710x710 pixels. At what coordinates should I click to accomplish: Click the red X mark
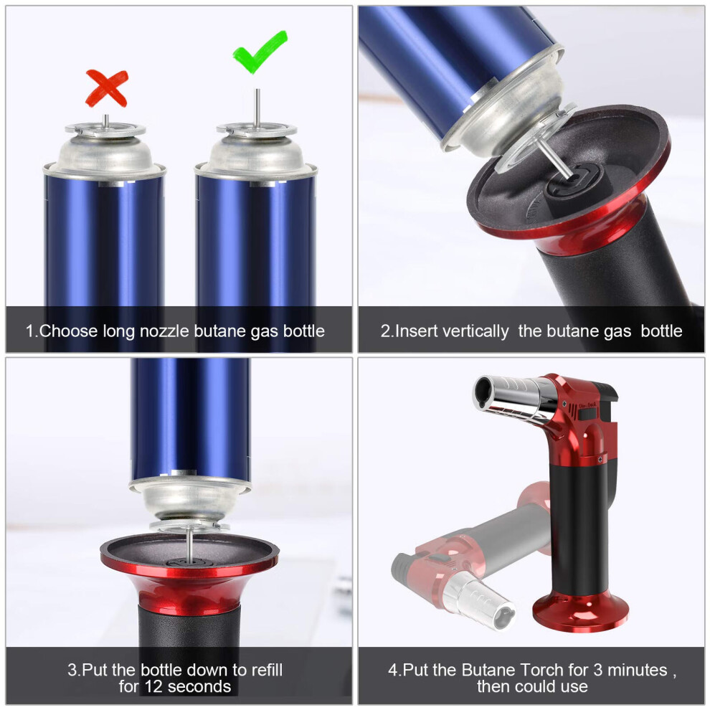[x=108, y=87]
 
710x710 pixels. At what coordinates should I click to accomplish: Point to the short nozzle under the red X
[x=105, y=121]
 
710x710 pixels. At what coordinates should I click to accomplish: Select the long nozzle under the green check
[x=257, y=108]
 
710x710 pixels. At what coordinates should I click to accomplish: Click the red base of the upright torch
[x=580, y=610]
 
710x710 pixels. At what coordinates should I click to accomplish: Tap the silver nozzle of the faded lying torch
[x=479, y=599]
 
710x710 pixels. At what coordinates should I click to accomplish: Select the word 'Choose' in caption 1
[x=68, y=331]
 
